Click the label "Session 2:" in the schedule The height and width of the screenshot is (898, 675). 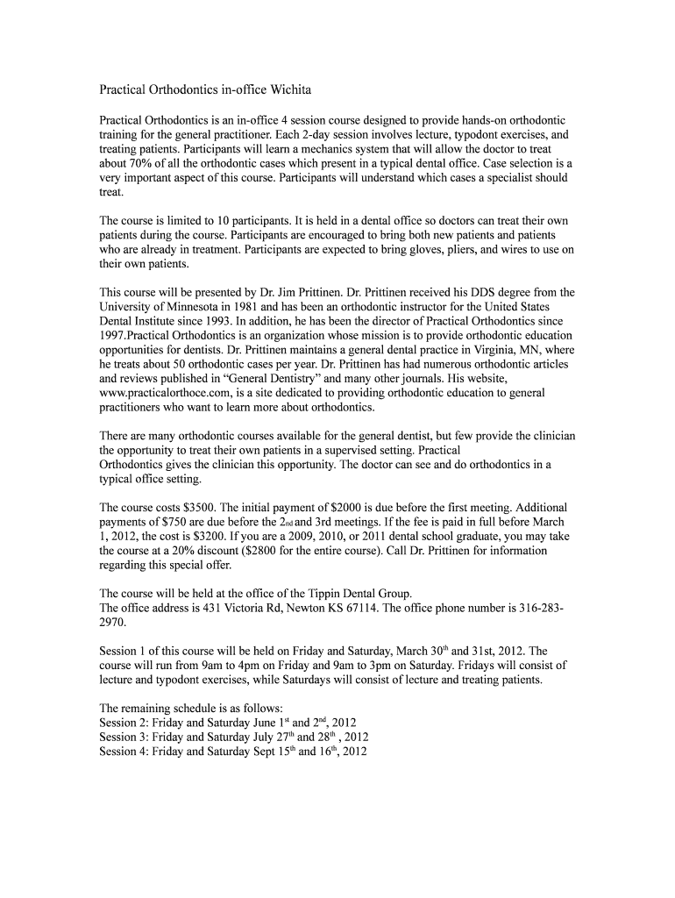tap(124, 723)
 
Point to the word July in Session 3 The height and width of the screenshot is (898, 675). tap(240, 737)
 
